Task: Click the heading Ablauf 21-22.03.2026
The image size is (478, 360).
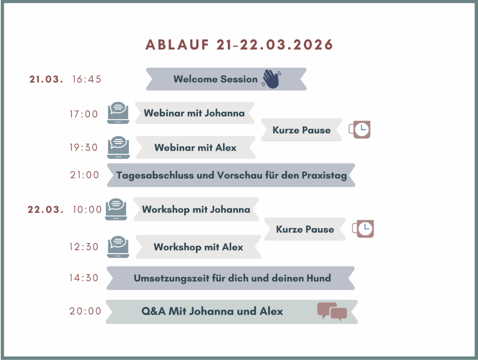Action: [x=239, y=45]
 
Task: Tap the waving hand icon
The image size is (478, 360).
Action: [x=271, y=79]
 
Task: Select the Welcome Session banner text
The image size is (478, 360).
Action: [x=216, y=79]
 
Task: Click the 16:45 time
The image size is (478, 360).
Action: [x=86, y=79]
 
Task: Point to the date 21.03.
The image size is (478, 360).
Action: [x=46, y=79]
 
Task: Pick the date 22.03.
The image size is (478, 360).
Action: [x=46, y=209]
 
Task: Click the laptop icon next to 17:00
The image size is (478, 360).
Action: [x=118, y=113]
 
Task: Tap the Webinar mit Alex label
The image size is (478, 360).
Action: [x=196, y=148]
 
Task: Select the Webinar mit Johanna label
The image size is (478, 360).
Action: [x=194, y=113]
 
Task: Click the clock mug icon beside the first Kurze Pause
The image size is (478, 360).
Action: [x=360, y=130]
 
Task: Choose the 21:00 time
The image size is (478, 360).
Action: [x=84, y=175]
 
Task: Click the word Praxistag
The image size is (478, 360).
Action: [x=324, y=176]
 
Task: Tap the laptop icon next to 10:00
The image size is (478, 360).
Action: [x=116, y=209]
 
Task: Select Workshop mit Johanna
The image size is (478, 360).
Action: [x=196, y=209]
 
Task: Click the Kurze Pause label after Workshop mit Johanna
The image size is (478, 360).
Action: [x=305, y=229]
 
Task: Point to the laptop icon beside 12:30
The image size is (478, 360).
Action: [x=118, y=247]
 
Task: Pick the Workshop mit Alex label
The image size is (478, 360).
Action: [x=198, y=247]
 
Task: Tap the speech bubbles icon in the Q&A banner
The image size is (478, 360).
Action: [x=332, y=312]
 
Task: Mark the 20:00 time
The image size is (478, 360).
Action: [x=85, y=311]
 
